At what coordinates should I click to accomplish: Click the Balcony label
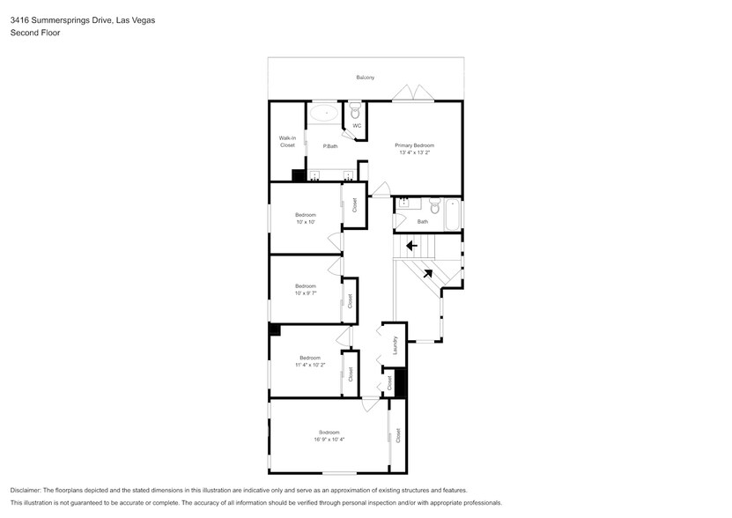365,78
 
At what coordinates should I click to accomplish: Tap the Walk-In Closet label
287,141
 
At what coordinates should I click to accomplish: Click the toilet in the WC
356,113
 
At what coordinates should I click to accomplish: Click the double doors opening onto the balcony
410,94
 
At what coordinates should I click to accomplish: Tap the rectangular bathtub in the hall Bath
452,213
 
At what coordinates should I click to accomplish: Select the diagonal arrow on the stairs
427,273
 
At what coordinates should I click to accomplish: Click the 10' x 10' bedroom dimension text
305,222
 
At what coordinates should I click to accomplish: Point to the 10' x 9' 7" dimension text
306,292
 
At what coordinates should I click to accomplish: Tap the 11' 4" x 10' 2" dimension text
309,364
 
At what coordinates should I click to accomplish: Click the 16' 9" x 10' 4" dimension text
329,438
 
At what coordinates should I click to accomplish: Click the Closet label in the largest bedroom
398,434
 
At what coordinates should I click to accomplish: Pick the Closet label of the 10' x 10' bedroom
355,205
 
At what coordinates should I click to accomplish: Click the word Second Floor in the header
31,33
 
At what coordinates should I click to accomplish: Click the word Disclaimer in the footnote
26,490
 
